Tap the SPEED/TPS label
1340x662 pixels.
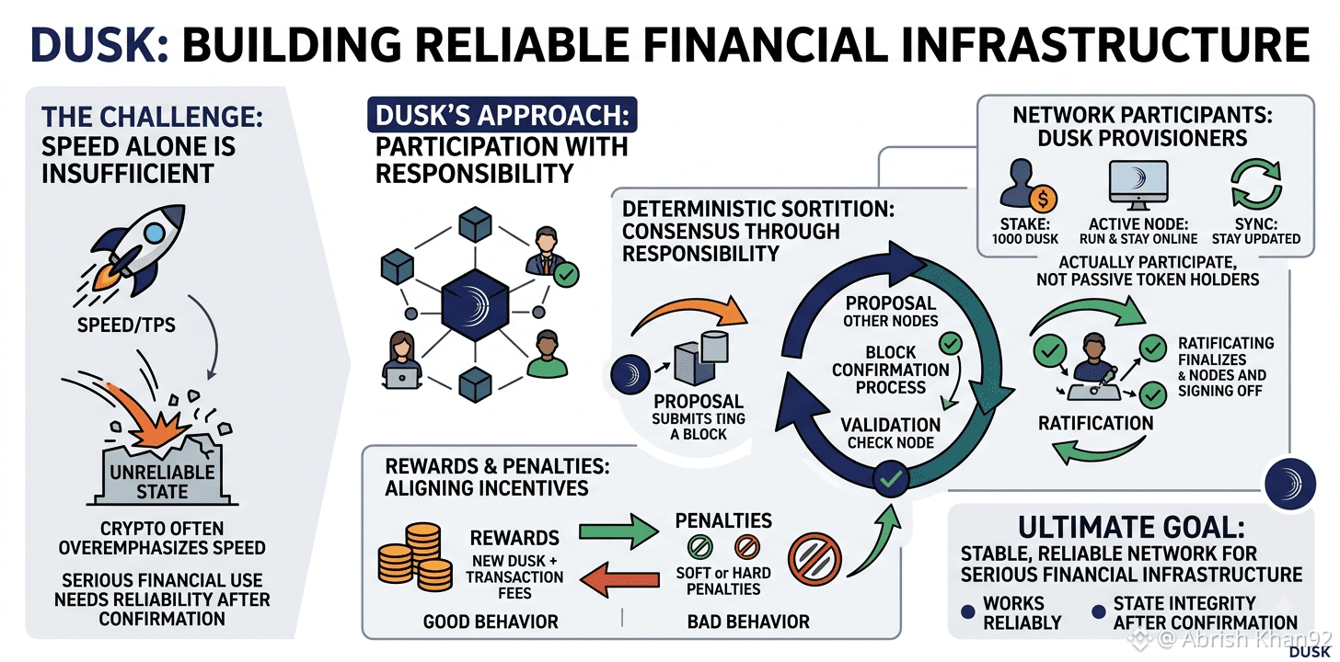pyautogui.click(x=126, y=325)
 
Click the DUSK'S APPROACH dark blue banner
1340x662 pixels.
pyautogui.click(x=502, y=115)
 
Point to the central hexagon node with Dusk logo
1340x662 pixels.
pyautogui.click(x=475, y=304)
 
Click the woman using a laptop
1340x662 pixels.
pyautogui.click(x=401, y=361)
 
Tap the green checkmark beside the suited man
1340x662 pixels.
pyautogui.click(x=565, y=275)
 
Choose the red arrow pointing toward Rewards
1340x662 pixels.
pyautogui.click(x=619, y=579)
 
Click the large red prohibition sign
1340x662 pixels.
pyautogui.click(x=814, y=560)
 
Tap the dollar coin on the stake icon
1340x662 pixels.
pyautogui.click(x=1044, y=199)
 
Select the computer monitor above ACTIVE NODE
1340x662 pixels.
pyautogui.click(x=1138, y=185)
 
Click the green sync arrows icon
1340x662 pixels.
pyautogui.click(x=1256, y=184)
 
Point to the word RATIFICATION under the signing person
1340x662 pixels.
pyautogui.click(x=1095, y=423)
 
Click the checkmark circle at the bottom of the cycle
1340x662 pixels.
pyautogui.click(x=891, y=479)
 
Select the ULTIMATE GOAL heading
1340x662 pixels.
pyautogui.click(x=1131, y=528)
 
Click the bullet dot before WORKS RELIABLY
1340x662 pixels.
pyautogui.click(x=968, y=611)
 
